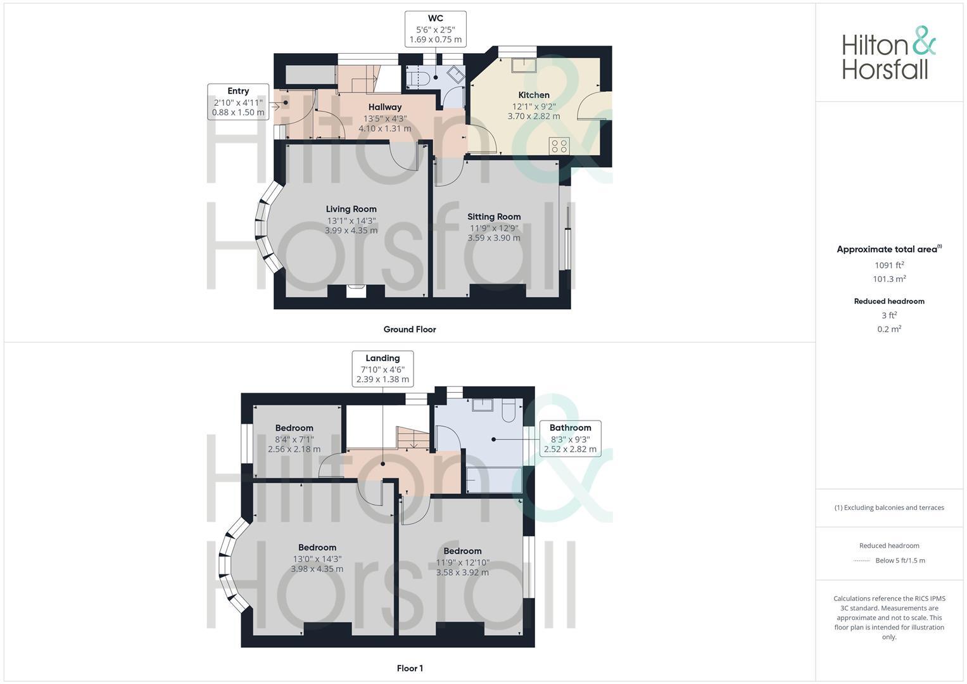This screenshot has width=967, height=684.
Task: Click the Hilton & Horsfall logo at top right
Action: point(888,53)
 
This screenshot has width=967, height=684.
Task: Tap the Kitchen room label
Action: point(534,95)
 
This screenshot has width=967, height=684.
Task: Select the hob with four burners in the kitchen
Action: point(559,146)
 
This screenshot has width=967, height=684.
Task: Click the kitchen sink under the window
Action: point(524,63)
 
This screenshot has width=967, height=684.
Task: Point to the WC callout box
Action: point(436,29)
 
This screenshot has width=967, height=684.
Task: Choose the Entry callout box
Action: point(238,101)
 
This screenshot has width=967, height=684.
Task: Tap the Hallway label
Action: point(385,107)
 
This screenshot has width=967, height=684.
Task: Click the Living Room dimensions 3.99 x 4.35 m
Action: point(351,231)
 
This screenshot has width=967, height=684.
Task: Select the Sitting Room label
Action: point(494,217)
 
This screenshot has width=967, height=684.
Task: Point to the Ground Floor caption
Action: point(410,329)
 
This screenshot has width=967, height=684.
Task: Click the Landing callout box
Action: point(382,369)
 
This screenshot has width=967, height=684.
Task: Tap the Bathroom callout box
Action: point(570,438)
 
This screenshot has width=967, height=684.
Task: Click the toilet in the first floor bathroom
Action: point(509,412)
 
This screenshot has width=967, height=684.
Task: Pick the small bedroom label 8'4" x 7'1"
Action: point(294,438)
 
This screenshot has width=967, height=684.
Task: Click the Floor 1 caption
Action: point(410,668)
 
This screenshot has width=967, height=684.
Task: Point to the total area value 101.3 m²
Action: point(889,279)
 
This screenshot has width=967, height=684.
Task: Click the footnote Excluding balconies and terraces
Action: point(889,507)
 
